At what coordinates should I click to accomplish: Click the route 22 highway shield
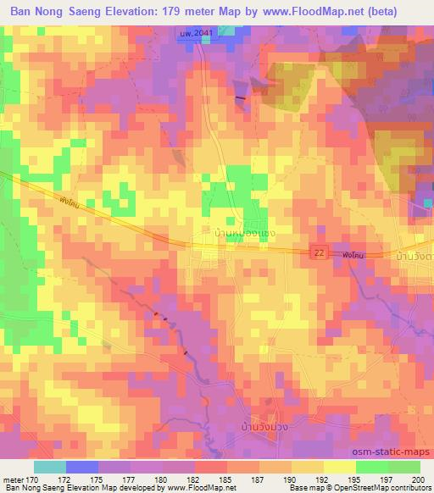click(x=317, y=253)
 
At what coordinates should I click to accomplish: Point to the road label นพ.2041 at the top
click(x=194, y=32)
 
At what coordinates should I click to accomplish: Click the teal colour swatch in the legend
click(x=50, y=467)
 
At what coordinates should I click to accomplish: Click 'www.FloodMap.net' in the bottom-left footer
click(x=197, y=489)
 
